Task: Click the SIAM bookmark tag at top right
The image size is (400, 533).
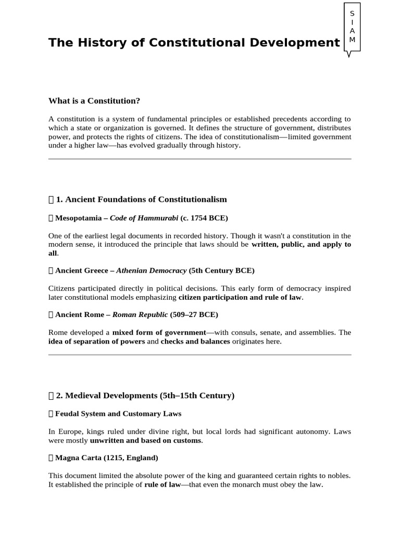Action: point(352,27)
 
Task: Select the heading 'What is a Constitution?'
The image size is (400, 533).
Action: point(94,100)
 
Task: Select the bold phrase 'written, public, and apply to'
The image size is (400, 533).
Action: point(301,244)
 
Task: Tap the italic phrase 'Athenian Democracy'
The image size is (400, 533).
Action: point(151,271)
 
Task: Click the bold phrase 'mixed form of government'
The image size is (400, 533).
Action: point(159,332)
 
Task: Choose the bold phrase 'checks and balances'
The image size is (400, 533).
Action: point(195,341)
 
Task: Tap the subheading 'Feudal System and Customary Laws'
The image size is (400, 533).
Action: point(118,414)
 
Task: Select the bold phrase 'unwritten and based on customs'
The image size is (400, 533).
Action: point(145,440)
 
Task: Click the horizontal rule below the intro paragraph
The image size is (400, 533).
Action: point(199,159)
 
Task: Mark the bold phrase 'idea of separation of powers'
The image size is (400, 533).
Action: point(96,341)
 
